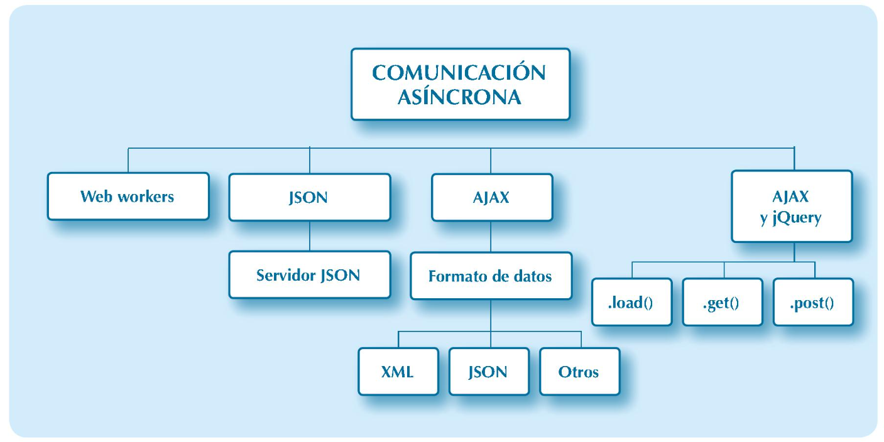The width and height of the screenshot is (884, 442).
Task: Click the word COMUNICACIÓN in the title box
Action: [x=459, y=73]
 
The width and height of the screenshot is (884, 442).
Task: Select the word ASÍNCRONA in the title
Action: [x=459, y=98]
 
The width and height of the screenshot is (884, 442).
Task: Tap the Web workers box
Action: [x=128, y=197]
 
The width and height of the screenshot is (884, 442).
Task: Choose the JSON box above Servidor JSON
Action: [x=309, y=197]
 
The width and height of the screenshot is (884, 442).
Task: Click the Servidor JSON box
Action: [x=309, y=275]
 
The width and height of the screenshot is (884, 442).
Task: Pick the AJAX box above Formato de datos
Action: [x=491, y=197]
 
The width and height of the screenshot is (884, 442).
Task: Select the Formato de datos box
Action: [x=491, y=276]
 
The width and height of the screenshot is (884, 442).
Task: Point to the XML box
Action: [x=398, y=371]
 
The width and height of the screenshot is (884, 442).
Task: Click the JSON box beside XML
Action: [x=488, y=371]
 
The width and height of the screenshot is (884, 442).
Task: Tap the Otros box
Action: [x=579, y=371]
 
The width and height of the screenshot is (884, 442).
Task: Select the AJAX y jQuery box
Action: [x=791, y=207]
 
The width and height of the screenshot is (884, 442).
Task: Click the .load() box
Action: [x=631, y=303]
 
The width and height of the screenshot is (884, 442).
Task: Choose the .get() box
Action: [x=722, y=303]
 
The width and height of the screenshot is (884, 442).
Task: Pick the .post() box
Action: [x=812, y=303]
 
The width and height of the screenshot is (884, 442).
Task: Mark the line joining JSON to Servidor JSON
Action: [x=310, y=236]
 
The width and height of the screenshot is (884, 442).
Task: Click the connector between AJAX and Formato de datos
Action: [x=491, y=237]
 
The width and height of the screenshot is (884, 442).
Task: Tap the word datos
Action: [x=531, y=276]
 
